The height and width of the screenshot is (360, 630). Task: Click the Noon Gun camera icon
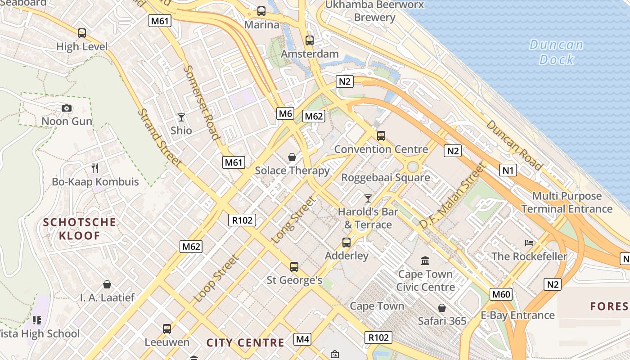tap(67, 108)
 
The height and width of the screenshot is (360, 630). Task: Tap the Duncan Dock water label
tap(556, 52)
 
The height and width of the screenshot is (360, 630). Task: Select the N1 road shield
tap(508, 170)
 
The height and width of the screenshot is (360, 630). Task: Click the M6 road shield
tap(285, 113)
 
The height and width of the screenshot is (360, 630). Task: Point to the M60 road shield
tap(501, 294)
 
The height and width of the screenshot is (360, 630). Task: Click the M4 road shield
tap(302, 339)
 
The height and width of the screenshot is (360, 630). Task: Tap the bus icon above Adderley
tap(346, 243)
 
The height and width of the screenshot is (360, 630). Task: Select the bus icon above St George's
tap(294, 267)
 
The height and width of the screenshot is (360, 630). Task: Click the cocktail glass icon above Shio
tap(181, 117)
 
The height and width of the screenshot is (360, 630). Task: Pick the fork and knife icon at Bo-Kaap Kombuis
tap(95, 168)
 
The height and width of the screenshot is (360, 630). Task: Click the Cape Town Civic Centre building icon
tap(425, 261)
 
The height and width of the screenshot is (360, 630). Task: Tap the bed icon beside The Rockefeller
tap(529, 243)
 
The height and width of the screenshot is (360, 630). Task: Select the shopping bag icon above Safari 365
tap(442, 308)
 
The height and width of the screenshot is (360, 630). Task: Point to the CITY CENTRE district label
tap(245, 342)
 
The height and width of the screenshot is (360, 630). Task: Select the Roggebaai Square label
tap(385, 177)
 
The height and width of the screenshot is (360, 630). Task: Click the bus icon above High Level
tap(81, 33)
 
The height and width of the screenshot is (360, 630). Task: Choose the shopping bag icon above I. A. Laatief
tap(107, 284)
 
